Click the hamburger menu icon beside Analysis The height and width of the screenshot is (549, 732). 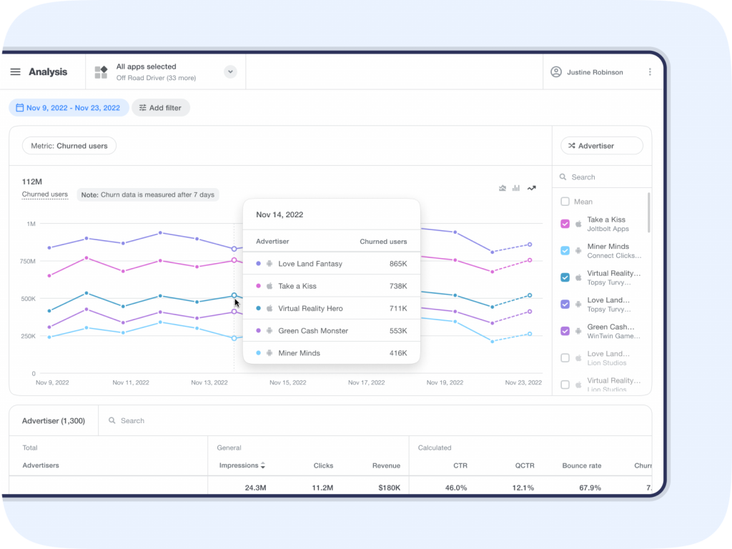click(15, 72)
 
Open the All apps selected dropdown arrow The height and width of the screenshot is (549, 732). click(230, 71)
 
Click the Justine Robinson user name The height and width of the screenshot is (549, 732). click(595, 72)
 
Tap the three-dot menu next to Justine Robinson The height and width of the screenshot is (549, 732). click(650, 72)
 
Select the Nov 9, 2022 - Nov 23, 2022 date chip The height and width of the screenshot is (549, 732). click(69, 108)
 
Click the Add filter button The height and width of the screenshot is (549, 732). click(160, 108)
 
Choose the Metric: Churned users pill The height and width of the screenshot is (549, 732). click(69, 146)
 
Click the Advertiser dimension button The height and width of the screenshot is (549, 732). click(601, 146)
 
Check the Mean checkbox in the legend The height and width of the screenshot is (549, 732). click(565, 202)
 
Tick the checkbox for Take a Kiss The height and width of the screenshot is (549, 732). click(565, 224)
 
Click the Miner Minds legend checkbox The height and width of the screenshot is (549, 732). click(565, 251)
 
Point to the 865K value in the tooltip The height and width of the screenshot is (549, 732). click(398, 264)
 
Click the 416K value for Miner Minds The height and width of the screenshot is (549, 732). click(398, 353)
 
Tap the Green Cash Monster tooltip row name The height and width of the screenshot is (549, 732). click(313, 331)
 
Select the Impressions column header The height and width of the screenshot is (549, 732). click(239, 465)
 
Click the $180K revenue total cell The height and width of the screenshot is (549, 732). click(386, 488)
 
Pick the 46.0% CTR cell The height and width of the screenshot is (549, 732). click(455, 488)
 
